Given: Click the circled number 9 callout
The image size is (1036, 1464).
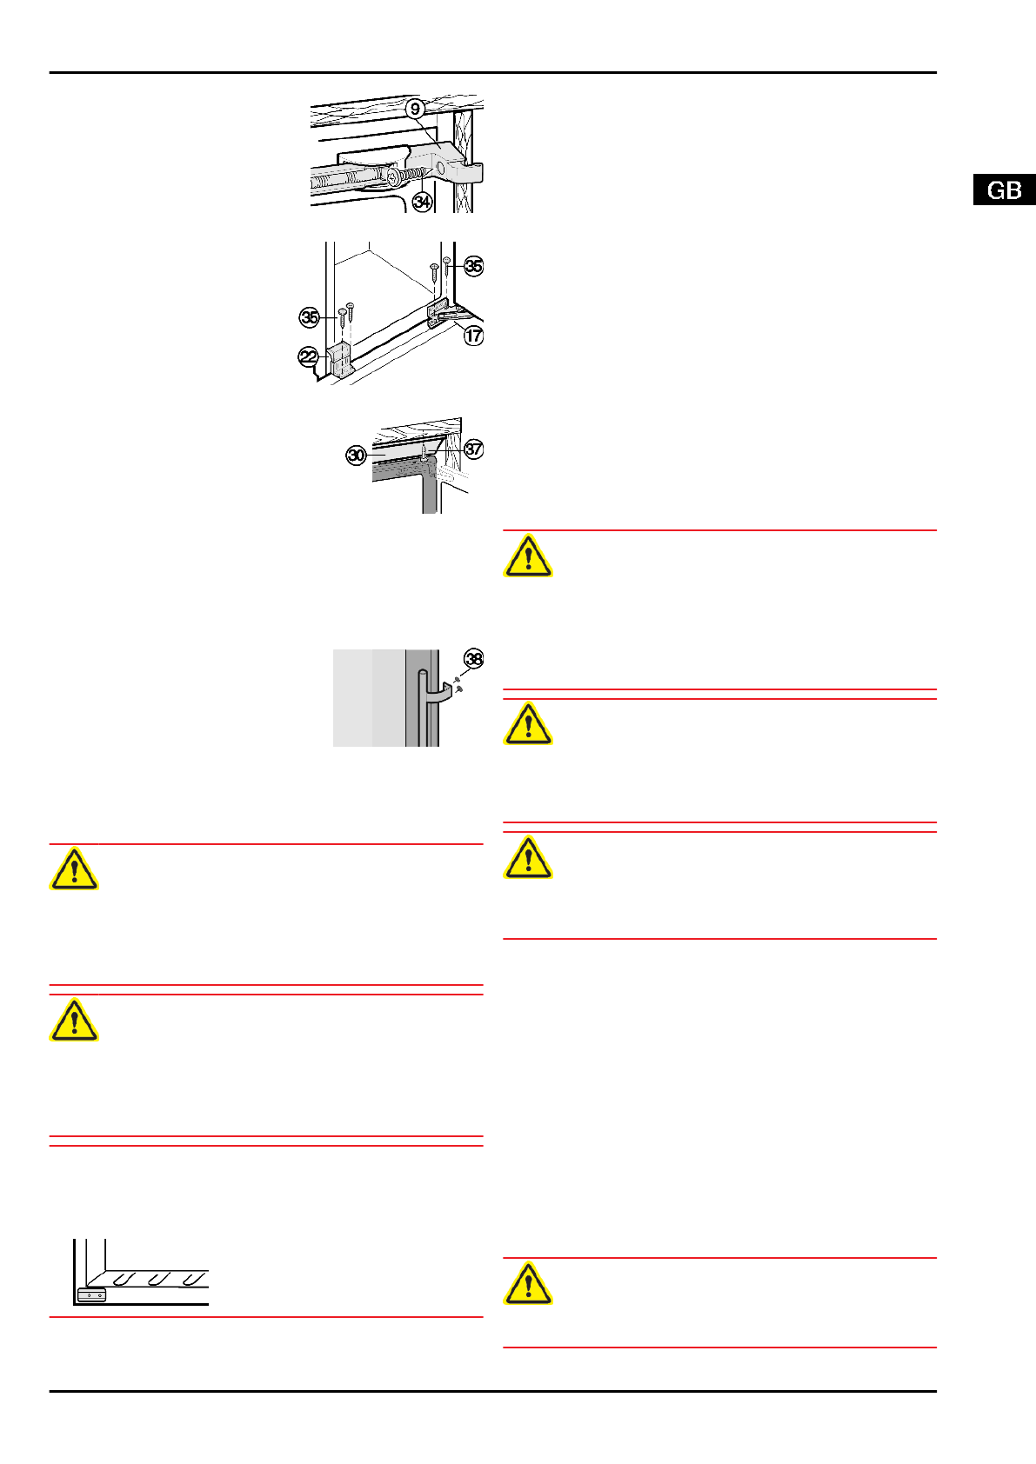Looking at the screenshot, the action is (x=416, y=109).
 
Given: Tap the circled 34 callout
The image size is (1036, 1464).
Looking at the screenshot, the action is (x=422, y=202).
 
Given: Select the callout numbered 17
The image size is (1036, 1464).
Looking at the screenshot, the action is (x=473, y=335).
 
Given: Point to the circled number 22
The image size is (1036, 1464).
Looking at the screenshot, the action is (x=309, y=356).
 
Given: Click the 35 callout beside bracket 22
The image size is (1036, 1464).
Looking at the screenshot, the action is (x=310, y=317).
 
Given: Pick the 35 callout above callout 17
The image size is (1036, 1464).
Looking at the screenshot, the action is (x=473, y=266).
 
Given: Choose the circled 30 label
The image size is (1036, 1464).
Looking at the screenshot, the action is (x=357, y=455).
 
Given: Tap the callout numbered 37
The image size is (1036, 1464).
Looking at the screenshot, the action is (x=473, y=449).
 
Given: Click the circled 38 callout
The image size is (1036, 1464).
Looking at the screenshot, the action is (x=473, y=659).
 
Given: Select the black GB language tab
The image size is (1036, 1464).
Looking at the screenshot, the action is (x=1005, y=190).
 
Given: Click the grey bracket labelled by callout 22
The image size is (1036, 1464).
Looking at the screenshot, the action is (x=339, y=360).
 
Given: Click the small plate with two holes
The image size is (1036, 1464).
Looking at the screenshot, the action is (x=91, y=1295).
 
